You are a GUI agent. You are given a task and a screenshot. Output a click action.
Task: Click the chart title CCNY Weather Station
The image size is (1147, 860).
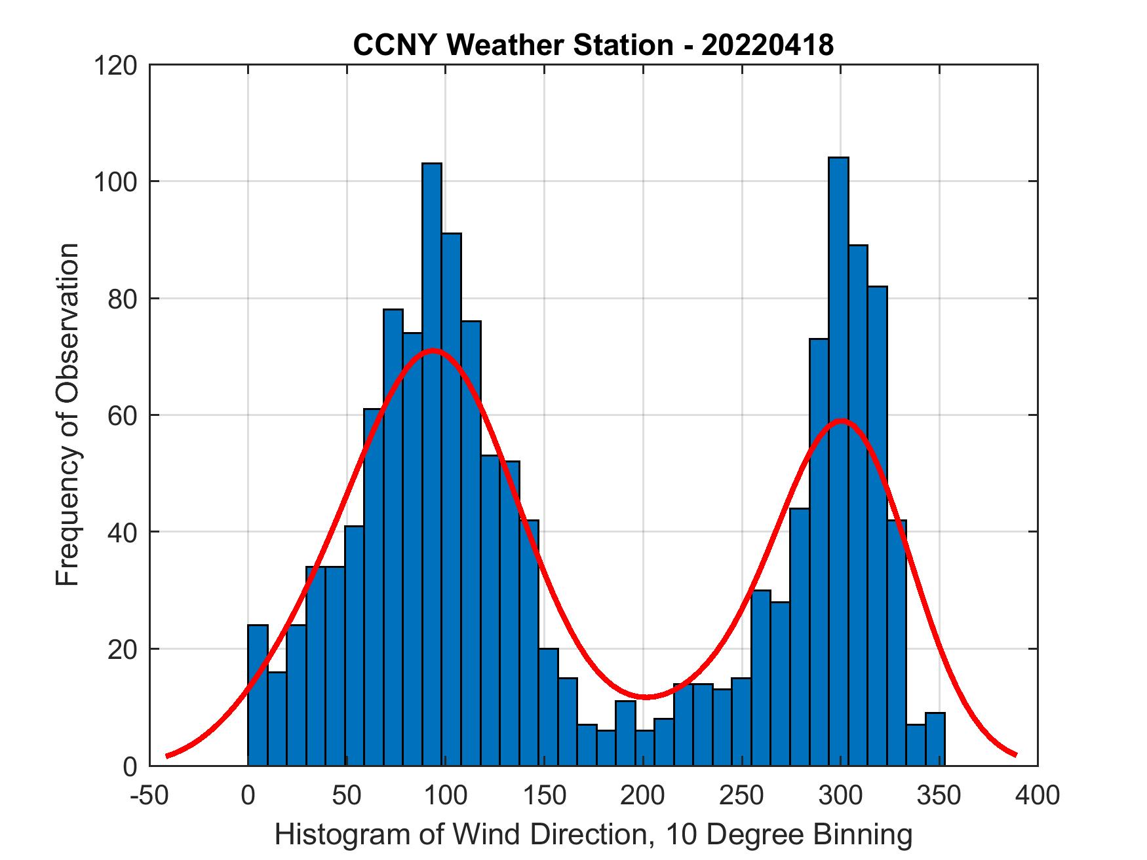click(x=513, y=45)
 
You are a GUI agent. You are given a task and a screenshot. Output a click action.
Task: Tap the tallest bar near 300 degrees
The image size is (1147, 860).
click(x=838, y=458)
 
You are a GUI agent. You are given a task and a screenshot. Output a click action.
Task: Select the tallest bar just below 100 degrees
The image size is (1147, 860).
click(x=431, y=458)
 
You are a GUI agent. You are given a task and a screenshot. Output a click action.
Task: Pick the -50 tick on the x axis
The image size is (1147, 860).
click(x=149, y=796)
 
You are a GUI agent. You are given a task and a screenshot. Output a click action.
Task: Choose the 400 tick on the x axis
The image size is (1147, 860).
click(x=1038, y=796)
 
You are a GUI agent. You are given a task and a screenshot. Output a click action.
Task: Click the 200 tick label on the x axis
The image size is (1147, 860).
click(x=643, y=796)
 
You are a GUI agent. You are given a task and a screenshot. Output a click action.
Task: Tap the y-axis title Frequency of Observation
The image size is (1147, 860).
click(x=68, y=415)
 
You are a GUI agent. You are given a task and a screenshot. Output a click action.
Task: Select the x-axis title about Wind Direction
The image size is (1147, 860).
click(x=593, y=835)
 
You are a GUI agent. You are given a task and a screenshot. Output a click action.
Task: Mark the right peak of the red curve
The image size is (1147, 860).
click(x=842, y=421)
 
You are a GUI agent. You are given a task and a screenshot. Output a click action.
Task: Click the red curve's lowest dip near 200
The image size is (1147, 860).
click(x=646, y=697)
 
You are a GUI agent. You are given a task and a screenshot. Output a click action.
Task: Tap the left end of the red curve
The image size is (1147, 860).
click(x=168, y=756)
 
